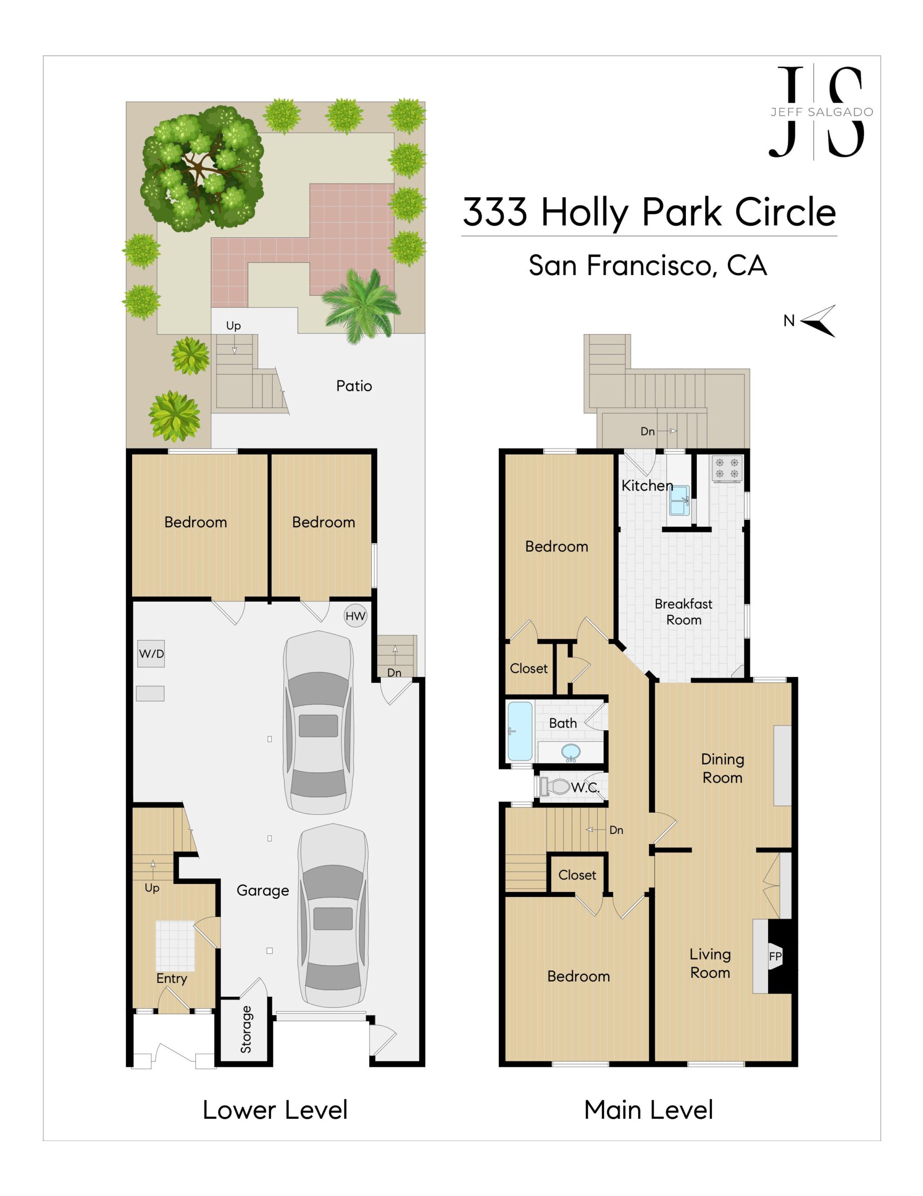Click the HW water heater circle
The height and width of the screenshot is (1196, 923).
(x=355, y=616)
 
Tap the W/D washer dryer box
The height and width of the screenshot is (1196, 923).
(x=151, y=653)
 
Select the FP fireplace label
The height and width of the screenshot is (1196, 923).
(x=775, y=956)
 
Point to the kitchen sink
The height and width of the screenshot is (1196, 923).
(x=679, y=500)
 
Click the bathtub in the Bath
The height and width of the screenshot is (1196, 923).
(x=520, y=732)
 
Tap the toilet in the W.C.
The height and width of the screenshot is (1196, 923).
(x=554, y=787)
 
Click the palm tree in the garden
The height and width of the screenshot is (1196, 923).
(x=361, y=304)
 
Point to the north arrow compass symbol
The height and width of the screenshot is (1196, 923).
(x=818, y=321)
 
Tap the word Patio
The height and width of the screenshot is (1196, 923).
(x=354, y=386)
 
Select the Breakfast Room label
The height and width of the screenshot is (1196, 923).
(x=683, y=612)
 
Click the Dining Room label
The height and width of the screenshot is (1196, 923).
(x=722, y=769)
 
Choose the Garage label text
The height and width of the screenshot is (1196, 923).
(x=263, y=891)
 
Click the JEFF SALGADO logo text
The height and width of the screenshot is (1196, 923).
(x=822, y=112)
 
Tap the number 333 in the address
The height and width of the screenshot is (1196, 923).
(x=495, y=212)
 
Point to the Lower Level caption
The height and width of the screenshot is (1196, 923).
(x=275, y=1110)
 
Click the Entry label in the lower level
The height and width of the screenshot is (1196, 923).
(x=172, y=979)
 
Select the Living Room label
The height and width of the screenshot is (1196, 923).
(x=710, y=963)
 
